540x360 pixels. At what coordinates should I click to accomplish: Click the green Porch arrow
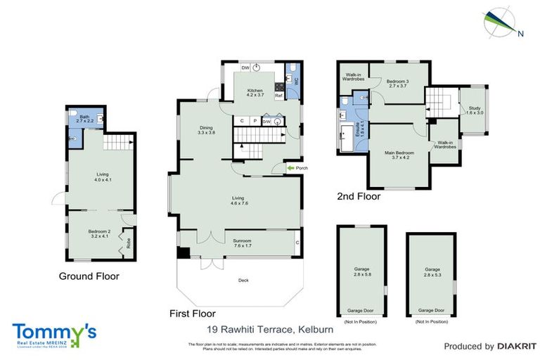[290, 168]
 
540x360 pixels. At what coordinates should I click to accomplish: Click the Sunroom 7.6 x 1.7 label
[243, 243]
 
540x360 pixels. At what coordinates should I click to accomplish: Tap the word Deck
[243, 281]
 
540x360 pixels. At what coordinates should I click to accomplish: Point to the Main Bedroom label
[398, 155]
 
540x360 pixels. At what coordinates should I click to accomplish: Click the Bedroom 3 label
[397, 84]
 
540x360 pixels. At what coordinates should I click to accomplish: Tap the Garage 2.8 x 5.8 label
[361, 271]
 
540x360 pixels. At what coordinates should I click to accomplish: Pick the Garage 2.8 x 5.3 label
[432, 271]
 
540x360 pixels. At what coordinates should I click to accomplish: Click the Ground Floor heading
[89, 276]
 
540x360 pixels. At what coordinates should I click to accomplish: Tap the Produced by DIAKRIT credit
[485, 346]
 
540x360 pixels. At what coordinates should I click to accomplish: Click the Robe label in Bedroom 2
[129, 244]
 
